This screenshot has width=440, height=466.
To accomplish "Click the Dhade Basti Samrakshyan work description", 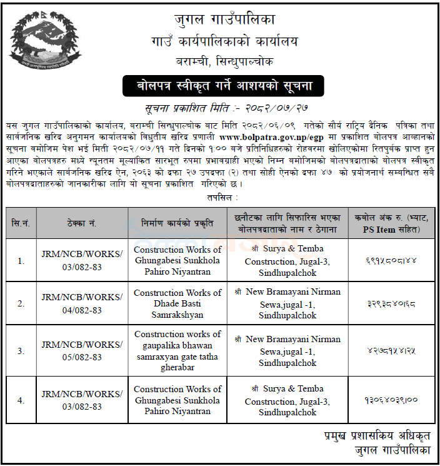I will tap(177, 304).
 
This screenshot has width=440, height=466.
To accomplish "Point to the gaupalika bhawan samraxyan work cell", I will tap(177, 351).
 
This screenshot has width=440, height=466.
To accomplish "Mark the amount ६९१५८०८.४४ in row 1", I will tap(393, 261).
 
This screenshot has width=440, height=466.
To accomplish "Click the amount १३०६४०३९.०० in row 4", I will tap(393, 399).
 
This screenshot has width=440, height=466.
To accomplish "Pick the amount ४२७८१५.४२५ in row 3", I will tap(393, 351).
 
